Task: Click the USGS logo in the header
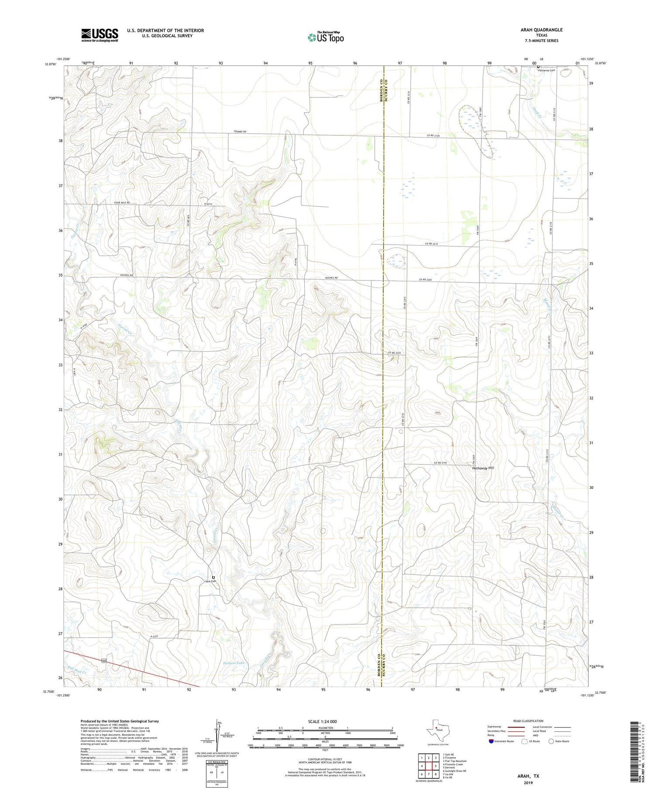pos(100,35)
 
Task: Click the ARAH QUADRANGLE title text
pos(541,30)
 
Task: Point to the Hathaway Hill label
pos(483,468)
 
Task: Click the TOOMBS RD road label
pos(240,131)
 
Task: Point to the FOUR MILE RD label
pos(122,203)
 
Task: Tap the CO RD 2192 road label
pos(441,463)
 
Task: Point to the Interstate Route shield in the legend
pos(492,741)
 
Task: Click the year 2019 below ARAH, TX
pos(530,782)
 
